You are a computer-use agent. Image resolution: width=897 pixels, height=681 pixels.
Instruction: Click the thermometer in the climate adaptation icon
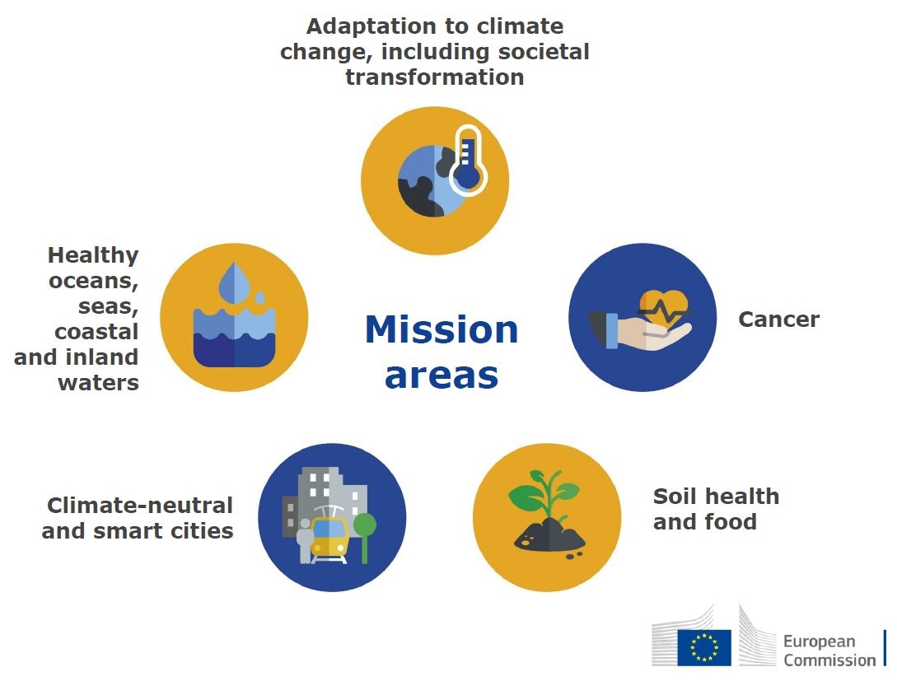pos(468,160)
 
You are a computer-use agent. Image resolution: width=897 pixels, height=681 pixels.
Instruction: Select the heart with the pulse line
pos(662,310)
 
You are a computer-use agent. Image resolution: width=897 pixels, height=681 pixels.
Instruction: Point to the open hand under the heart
pos(651,334)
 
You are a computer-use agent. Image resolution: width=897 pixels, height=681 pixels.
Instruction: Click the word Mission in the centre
pos(441,330)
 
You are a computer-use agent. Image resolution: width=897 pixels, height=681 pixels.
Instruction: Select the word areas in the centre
pos(441,375)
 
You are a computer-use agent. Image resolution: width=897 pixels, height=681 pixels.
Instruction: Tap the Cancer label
pos(778,320)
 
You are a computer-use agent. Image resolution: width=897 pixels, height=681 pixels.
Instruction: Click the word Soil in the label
pos(678,497)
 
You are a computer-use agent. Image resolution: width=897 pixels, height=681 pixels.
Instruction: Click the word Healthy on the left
pos(93,255)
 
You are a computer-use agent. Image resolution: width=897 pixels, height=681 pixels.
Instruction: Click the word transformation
pos(434,77)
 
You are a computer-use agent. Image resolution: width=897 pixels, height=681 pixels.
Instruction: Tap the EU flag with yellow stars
pos(704,646)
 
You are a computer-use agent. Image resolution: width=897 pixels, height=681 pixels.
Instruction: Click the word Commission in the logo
pos(829,660)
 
